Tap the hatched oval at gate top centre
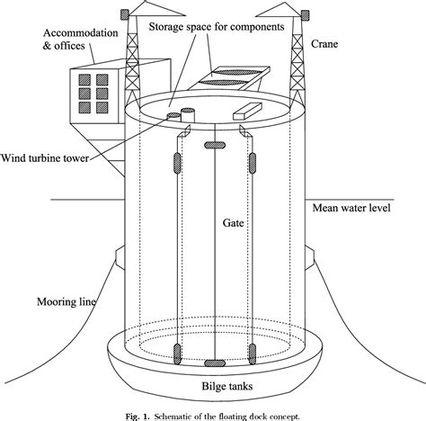[216, 145]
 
